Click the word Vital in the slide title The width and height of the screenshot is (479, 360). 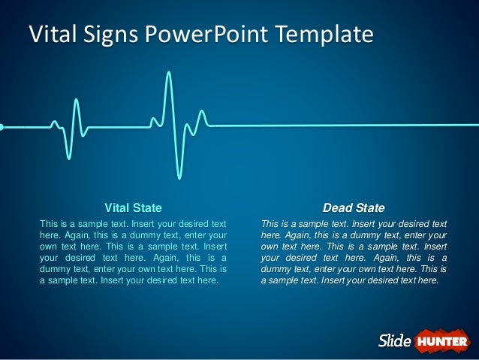(50, 35)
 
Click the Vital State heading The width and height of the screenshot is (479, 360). (133, 207)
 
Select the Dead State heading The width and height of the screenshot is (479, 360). (354, 207)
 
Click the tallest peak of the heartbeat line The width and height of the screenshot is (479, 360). (169, 73)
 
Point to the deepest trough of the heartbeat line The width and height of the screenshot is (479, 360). (180, 177)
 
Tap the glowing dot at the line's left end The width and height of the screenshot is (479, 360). (2, 126)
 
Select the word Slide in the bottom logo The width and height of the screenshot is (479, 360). (393, 341)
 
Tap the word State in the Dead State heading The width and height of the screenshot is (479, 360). (369, 207)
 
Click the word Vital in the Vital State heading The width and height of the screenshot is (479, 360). (117, 207)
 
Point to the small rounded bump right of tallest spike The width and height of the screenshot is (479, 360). (201, 112)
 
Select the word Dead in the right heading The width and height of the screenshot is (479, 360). (336, 207)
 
